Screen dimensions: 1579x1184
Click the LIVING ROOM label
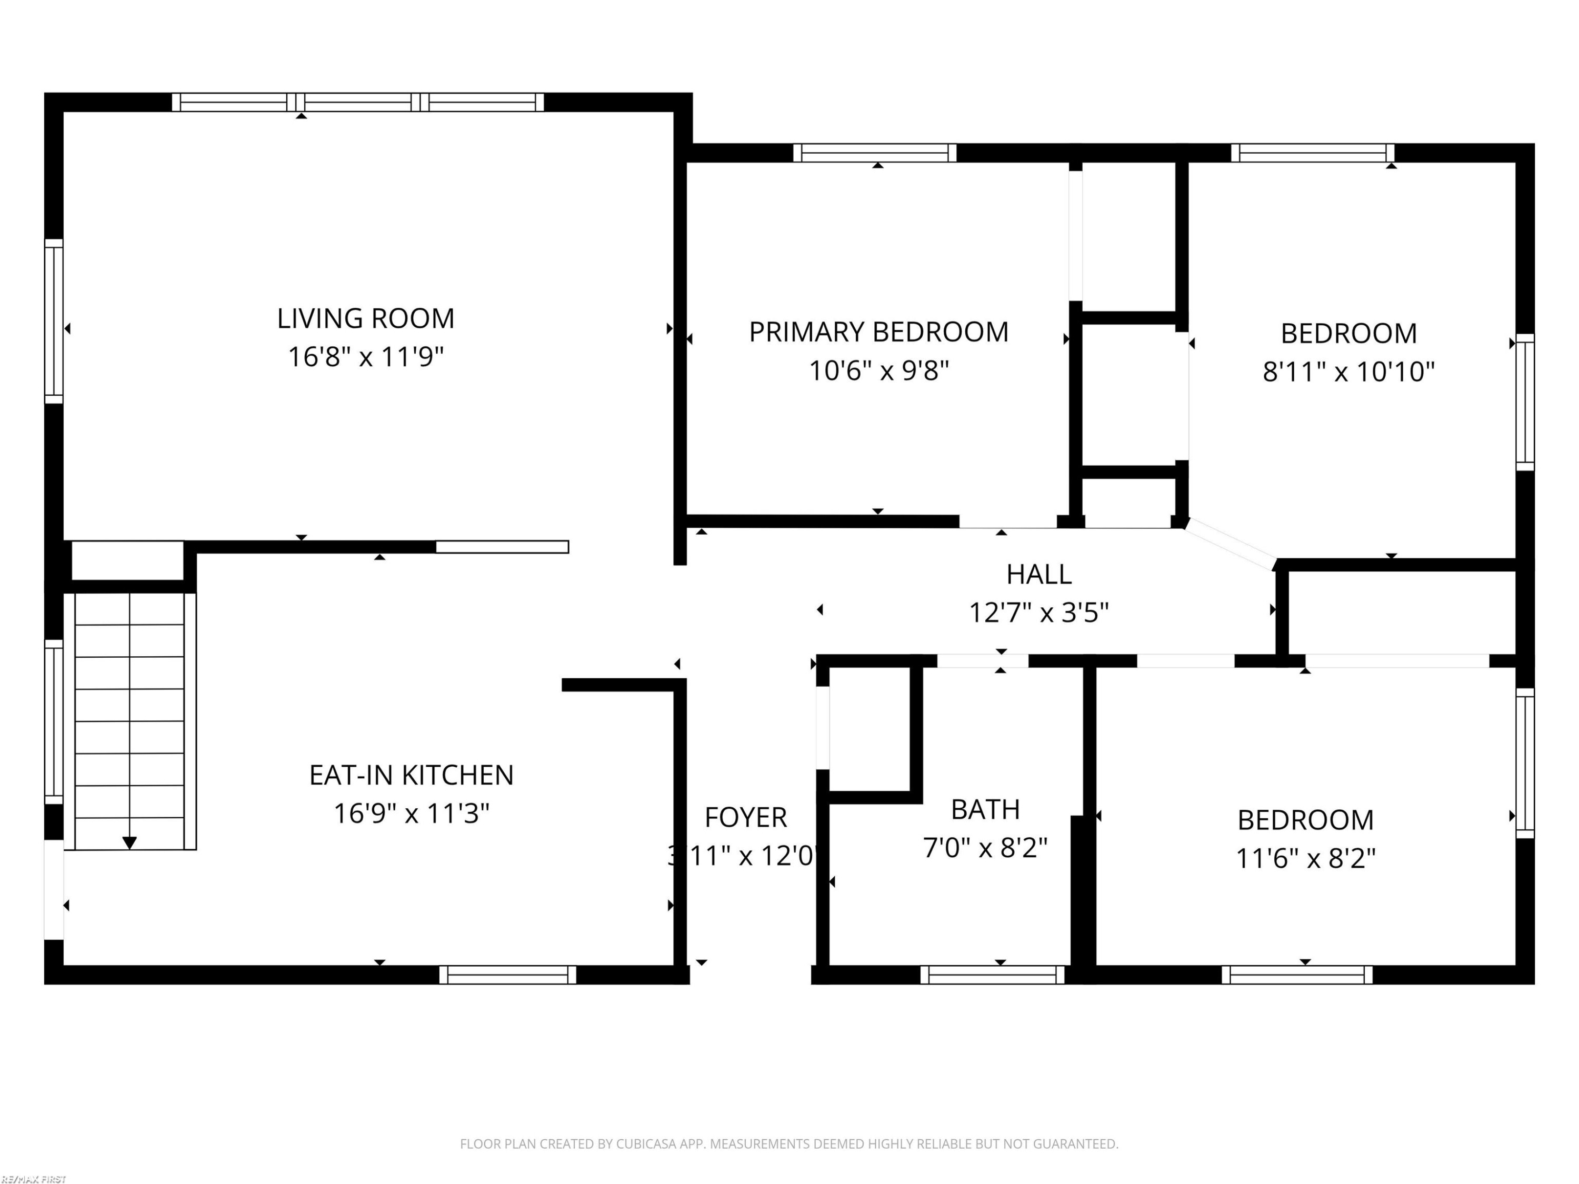[365, 318]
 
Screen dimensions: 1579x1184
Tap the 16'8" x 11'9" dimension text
[365, 356]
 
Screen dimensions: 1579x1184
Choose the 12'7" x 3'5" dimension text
[1038, 613]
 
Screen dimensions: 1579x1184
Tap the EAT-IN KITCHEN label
[411, 775]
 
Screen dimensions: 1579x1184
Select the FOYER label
[745, 817]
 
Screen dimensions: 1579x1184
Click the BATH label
[985, 809]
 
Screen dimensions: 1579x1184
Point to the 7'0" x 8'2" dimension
[985, 848]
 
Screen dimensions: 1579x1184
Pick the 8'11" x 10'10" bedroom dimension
[1348, 372]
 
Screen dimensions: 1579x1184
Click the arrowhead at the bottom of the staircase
[129, 843]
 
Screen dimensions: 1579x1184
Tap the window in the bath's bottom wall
[992, 975]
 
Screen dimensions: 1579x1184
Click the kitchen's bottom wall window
[507, 975]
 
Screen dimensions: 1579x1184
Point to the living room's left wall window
[54, 321]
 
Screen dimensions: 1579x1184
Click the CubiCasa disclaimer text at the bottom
[789, 1144]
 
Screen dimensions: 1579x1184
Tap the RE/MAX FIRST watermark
[34, 1179]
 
